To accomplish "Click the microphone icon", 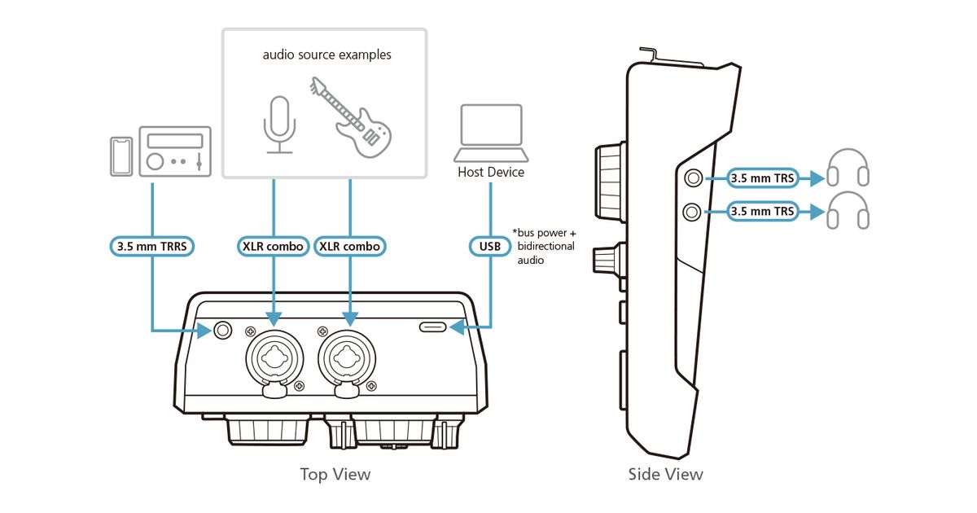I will click(279, 124).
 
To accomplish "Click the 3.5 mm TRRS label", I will click(152, 245).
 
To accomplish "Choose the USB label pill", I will click(490, 245).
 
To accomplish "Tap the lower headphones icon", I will click(848, 212).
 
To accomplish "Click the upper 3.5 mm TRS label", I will click(761, 177).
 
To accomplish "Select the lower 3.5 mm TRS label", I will click(761, 212).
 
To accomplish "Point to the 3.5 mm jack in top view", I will click(222, 330).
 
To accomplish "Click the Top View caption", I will click(335, 474).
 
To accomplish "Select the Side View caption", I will click(665, 474).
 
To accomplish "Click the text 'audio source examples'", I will click(326, 55).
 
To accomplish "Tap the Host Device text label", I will click(490, 173).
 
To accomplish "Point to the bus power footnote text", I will click(543, 245).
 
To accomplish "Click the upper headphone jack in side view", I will click(694, 177).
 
